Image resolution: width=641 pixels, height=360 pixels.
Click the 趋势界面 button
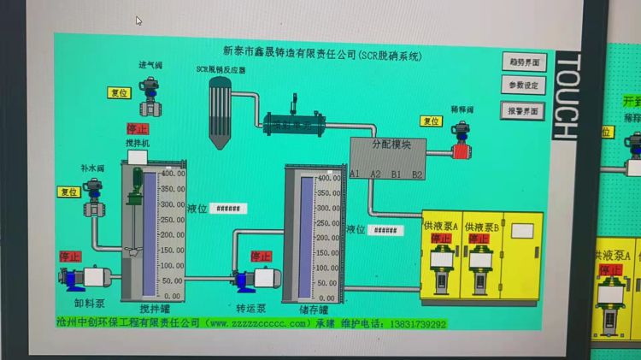click(x=523, y=62)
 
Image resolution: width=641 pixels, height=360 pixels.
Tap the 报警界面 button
click(x=523, y=110)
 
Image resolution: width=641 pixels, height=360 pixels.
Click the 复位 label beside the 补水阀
click(x=69, y=192)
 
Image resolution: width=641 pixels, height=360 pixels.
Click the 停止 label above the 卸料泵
click(x=69, y=256)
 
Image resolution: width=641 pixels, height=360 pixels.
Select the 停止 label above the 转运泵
click(x=260, y=256)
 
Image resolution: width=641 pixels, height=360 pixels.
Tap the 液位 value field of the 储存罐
click(x=386, y=230)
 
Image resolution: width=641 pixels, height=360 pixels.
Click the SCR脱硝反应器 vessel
click(x=220, y=109)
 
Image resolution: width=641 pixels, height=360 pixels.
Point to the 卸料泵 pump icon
click(x=89, y=277)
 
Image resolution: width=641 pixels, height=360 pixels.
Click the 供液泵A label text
click(x=441, y=226)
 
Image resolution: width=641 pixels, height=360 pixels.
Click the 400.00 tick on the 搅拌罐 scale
click(x=173, y=174)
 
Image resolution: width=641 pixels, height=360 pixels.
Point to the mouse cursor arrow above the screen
click(x=138, y=21)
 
